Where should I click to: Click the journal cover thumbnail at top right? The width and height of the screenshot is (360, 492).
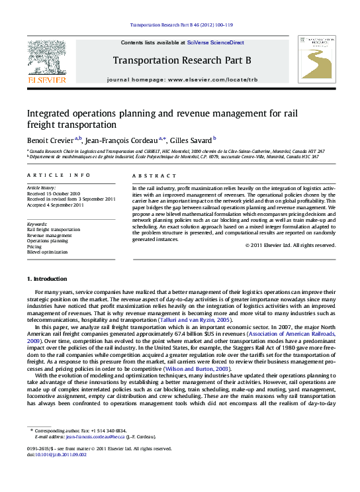[x=316, y=59]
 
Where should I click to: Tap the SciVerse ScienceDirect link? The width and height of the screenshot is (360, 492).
[x=215, y=42]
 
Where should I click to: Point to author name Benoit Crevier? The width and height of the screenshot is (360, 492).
[x=50, y=140]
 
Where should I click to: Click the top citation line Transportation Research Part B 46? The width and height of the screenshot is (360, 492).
[x=179, y=26]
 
